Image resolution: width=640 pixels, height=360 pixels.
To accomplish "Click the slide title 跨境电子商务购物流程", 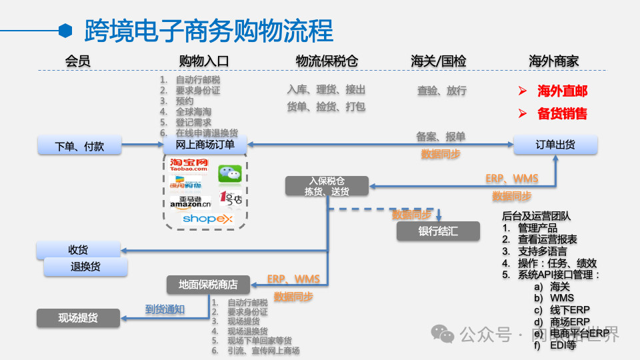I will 209,31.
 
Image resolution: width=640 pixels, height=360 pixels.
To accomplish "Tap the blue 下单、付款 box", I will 79,145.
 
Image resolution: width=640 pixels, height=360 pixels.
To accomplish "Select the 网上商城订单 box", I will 205,145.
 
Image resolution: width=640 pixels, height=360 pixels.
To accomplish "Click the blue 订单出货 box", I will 555,145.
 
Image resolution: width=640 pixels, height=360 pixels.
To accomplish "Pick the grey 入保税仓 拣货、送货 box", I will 327,186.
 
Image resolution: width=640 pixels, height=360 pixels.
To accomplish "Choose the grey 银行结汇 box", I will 438,231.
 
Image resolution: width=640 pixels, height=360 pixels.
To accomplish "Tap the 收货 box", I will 78,250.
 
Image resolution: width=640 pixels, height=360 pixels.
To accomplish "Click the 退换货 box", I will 85,267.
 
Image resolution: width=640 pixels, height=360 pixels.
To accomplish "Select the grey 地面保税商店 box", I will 208,285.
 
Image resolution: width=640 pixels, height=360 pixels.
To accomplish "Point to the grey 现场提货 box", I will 78,318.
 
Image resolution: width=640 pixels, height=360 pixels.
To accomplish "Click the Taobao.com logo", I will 189,165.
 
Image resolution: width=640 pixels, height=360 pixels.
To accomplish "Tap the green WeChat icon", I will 230,173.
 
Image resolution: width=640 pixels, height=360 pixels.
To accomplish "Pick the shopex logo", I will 207,219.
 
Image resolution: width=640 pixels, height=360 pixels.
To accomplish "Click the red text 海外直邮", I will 562,91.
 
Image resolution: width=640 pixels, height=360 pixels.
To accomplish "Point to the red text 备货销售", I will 562,114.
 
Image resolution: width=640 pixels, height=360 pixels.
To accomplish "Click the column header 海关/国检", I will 438,61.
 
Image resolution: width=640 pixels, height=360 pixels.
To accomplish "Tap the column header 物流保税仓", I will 327,61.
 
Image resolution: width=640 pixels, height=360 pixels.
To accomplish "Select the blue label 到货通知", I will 165,309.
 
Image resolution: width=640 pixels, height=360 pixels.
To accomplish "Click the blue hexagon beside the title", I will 65,30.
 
